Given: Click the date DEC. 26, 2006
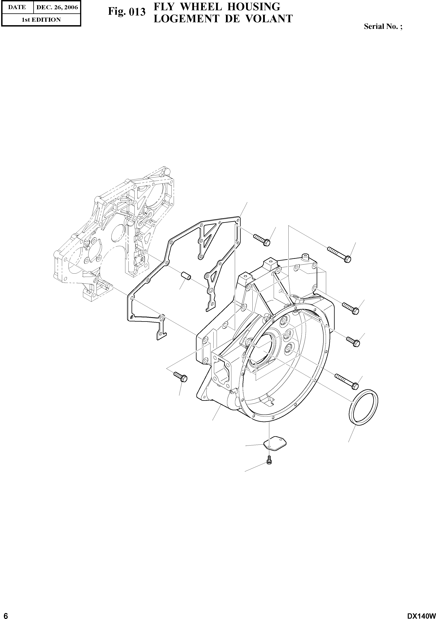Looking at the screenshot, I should [57, 7].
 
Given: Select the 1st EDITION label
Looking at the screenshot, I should [41, 20].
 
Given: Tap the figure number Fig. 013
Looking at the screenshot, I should [127, 12].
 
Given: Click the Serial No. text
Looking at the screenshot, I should [383, 26].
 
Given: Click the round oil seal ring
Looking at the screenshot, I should [363, 407].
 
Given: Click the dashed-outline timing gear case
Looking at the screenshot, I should [113, 234].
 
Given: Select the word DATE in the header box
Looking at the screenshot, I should [17, 7].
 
